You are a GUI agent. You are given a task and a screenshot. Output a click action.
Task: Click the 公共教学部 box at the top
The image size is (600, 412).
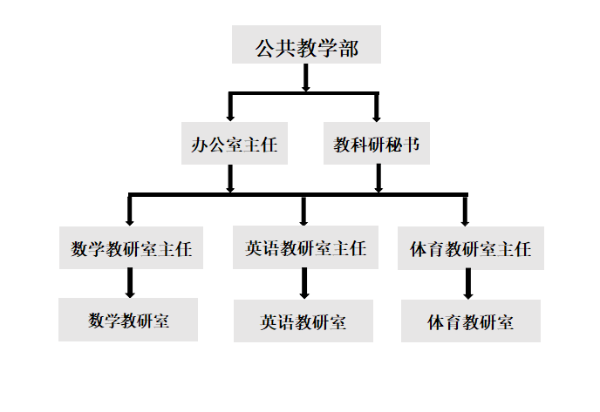306,46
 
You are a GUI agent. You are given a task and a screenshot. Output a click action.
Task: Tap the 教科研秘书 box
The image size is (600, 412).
377,145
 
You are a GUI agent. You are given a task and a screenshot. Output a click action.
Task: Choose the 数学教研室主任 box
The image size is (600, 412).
131,249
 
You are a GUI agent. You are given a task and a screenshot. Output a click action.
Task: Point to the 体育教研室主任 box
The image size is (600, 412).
470,249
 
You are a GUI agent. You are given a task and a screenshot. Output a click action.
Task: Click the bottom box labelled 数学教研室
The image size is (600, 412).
128,320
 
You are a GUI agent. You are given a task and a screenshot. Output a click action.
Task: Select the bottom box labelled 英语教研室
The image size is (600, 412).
303,321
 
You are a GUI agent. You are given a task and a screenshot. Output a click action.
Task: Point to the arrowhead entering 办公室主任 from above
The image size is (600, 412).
229,116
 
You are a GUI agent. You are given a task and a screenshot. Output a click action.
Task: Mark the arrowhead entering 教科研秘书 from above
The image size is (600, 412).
377,116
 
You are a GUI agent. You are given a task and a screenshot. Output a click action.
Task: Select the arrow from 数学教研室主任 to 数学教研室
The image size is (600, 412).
130,283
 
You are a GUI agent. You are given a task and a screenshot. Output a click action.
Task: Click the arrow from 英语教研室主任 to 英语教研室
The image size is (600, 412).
304,283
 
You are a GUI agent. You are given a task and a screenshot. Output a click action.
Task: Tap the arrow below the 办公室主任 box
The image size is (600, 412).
230,179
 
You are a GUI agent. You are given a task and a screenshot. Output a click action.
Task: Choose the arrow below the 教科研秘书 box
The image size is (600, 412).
378,179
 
